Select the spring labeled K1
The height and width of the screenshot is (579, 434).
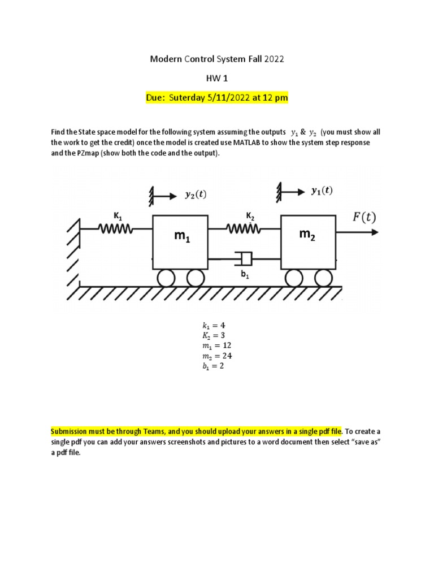point(116,229)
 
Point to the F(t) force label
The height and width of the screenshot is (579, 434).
point(364,217)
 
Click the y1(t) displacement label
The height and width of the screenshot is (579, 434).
point(322,191)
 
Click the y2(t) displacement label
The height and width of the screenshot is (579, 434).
point(196,196)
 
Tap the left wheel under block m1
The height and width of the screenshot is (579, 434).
point(167,278)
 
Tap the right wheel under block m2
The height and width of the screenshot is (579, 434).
point(323,278)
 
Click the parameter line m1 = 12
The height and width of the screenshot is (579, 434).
point(217,345)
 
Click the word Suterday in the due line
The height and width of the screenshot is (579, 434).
point(187,98)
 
